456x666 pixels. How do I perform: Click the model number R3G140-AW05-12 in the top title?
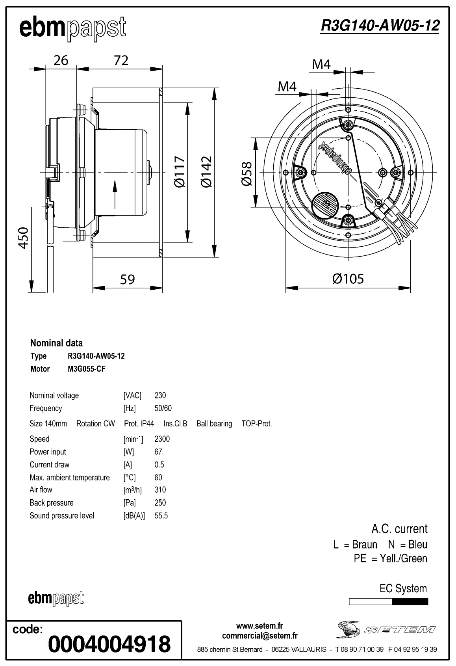[380, 26]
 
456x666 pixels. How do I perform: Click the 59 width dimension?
[127, 279]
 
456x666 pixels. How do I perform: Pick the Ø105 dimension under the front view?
[348, 279]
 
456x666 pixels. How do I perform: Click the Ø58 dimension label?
[247, 173]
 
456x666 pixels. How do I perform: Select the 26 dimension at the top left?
[61, 60]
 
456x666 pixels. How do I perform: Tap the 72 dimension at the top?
[121, 60]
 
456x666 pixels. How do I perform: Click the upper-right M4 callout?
[321, 64]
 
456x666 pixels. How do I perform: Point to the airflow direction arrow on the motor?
[115, 194]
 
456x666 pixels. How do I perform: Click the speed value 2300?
[162, 439]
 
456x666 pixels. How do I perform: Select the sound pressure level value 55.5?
[161, 515]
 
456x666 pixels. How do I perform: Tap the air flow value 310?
[160, 489]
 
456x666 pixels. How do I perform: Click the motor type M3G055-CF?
[87, 369]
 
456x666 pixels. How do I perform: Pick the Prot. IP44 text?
[139, 424]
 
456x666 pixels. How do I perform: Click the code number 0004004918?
[109, 644]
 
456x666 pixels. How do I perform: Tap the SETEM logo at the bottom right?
[386, 629]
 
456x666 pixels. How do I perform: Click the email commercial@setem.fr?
[260, 636]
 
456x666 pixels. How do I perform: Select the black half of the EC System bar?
[410, 602]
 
